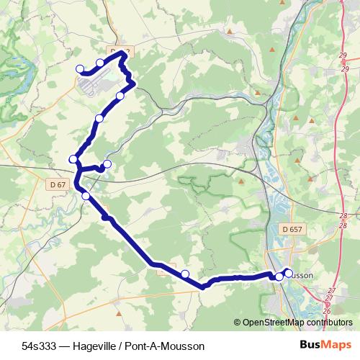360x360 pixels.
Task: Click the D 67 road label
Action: [x=59, y=185]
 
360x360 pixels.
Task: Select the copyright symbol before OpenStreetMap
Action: [x=238, y=323]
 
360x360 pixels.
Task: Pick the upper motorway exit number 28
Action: [x=343, y=216]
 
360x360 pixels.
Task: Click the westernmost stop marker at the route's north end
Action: [x=80, y=69]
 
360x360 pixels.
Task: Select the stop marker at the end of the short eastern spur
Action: [x=107, y=165]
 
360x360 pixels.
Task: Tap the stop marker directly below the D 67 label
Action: [x=86, y=196]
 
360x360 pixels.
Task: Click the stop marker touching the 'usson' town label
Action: [x=288, y=272]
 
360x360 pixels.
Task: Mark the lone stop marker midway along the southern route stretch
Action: [x=185, y=274]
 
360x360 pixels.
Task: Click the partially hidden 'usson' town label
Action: [x=302, y=274]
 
